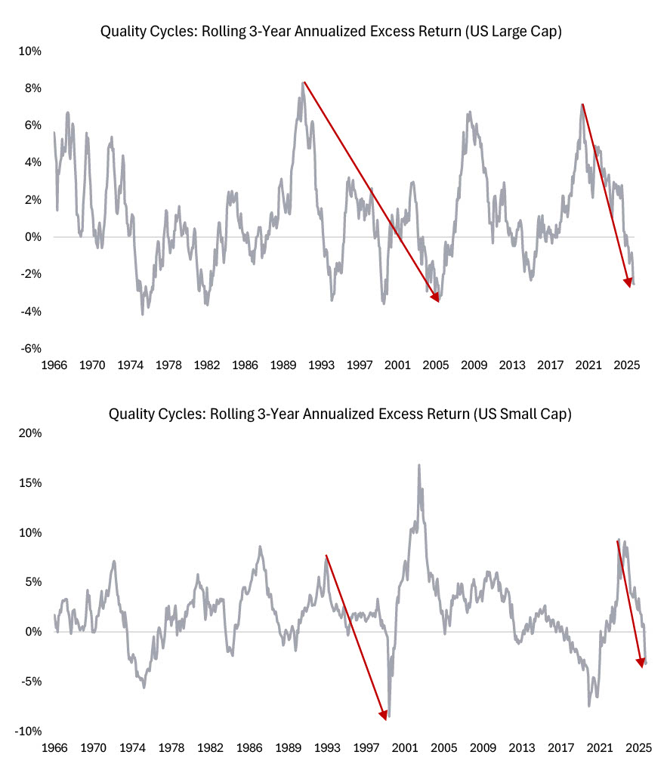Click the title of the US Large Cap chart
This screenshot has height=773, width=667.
(x=333, y=32)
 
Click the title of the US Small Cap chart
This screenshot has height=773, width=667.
(x=333, y=414)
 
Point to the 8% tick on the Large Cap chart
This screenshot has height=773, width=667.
(x=30, y=88)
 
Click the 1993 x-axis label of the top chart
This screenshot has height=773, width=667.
(x=321, y=365)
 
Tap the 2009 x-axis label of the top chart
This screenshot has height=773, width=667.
(x=474, y=365)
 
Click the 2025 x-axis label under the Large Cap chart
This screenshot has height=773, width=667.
(x=626, y=365)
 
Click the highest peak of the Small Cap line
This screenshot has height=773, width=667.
(x=418, y=465)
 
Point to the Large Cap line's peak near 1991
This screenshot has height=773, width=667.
(x=303, y=82)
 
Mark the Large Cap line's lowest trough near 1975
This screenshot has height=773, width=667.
(x=142, y=313)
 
